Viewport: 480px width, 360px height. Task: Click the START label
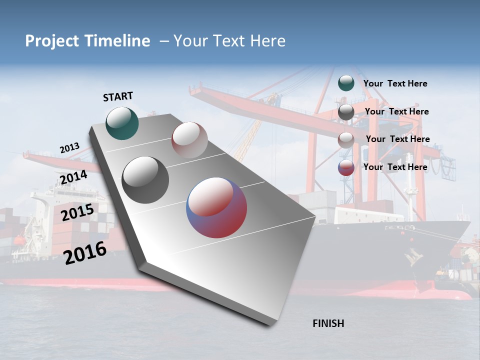point(118,96)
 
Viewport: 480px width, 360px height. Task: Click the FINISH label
point(328,323)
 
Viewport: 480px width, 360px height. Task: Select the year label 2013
point(69,148)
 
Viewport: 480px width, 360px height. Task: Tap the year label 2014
point(73,177)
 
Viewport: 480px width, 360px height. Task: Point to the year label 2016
point(85,253)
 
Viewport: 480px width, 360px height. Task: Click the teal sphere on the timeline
point(122,123)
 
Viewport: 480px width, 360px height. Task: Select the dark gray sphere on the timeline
point(145,180)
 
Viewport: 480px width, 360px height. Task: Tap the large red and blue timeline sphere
point(216,207)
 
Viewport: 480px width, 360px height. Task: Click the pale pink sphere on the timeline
point(189,140)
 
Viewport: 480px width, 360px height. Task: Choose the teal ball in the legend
point(346,83)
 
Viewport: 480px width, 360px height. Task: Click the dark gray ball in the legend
point(346,112)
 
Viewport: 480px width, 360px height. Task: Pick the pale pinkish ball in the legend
point(346,140)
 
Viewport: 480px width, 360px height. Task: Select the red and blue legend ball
point(346,167)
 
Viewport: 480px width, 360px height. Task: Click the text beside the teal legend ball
point(395,83)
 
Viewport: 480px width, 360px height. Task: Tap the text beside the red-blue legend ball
point(395,167)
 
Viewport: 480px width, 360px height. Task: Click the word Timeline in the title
point(118,41)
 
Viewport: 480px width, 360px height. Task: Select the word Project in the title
point(52,41)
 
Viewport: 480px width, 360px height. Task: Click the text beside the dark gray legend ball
point(396,111)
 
